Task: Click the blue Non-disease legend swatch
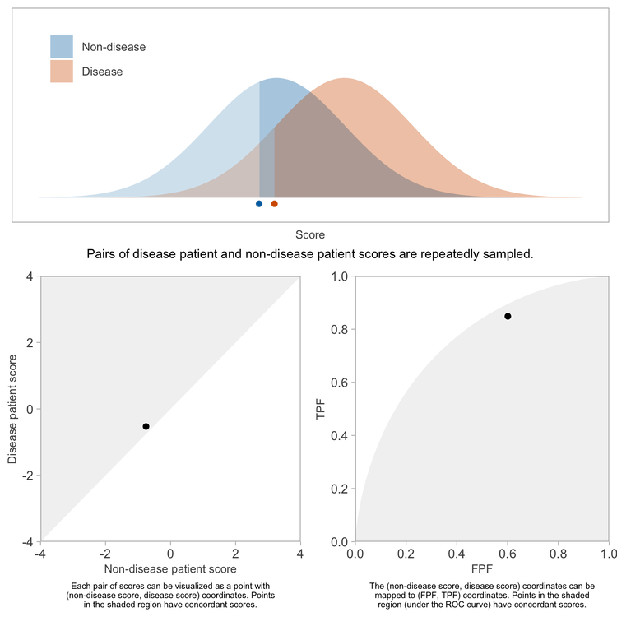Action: (62, 47)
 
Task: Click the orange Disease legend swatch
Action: (62, 72)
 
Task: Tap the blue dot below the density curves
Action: (259, 203)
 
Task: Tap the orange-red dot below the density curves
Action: (275, 203)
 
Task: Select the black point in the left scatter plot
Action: (146, 426)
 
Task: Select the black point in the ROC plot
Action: (508, 316)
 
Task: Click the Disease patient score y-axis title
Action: (13, 409)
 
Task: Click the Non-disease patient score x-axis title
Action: (170, 568)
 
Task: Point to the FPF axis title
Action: (482, 568)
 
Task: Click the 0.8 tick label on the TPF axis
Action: (338, 330)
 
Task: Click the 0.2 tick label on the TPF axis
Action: (338, 489)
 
